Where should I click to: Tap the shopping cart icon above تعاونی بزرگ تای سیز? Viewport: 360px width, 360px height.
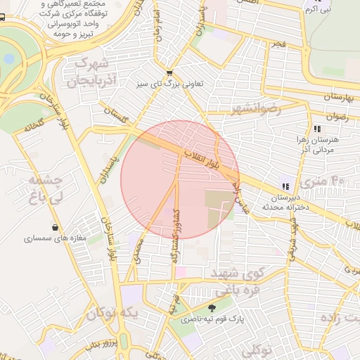tap(169, 72)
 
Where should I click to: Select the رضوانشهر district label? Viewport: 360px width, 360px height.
tap(255, 109)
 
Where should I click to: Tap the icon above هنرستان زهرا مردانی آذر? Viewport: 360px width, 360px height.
tap(317, 129)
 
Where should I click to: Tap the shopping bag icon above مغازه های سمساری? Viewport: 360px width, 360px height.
tap(55, 227)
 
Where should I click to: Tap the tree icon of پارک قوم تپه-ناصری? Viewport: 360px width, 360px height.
tap(212, 307)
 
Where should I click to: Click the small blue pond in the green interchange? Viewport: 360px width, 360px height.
tap(8, 58)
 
